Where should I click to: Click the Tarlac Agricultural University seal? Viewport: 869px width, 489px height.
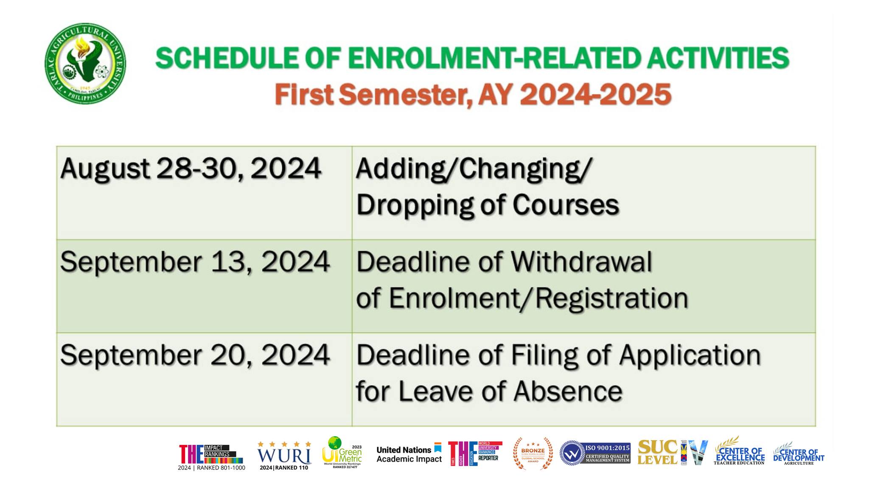point(85,63)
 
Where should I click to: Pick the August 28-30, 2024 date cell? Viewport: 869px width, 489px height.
point(191,169)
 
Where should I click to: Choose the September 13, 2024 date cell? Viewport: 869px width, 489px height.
point(195,262)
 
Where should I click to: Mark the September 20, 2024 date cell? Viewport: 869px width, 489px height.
point(195,355)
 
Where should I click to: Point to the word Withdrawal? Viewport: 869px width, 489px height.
point(581,262)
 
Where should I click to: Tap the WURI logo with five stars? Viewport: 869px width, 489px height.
point(284,455)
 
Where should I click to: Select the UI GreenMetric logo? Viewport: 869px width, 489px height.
point(342,453)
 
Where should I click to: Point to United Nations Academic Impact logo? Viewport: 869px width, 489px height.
point(409,454)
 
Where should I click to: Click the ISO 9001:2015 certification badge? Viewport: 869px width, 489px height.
point(595,453)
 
